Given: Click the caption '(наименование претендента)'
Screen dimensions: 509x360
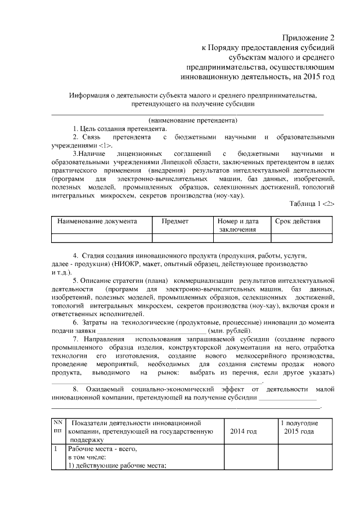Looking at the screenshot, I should coord(193,120).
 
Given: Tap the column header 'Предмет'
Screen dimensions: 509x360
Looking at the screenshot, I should coord(175,222).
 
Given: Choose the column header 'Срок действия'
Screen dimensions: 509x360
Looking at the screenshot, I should coord(298,222).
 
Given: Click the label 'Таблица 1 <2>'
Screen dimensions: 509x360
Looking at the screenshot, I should coord(312,204).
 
